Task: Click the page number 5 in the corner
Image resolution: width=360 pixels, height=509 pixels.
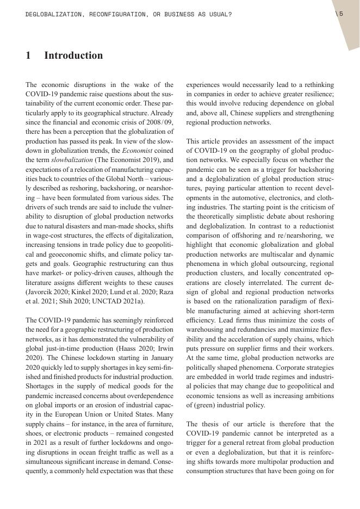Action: pyautogui.click(x=341, y=14)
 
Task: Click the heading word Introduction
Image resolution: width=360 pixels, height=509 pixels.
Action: pyautogui.click(x=73, y=55)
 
